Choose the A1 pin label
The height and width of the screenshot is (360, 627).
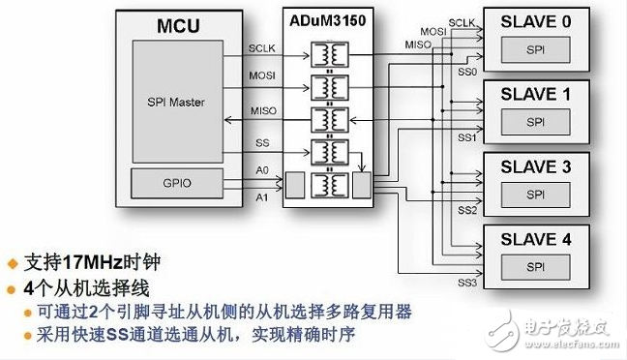coord(261,197)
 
